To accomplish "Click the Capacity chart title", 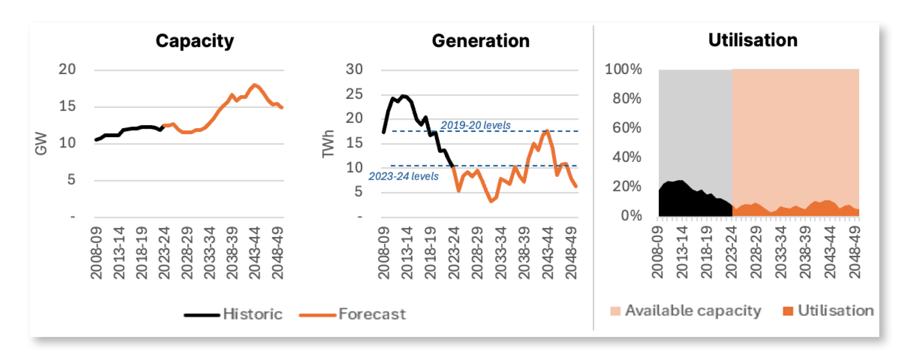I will pyautogui.click(x=195, y=41).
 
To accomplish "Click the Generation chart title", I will pyautogui.click(x=481, y=41).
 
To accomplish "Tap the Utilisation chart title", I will pyautogui.click(x=753, y=40).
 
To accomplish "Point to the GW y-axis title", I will pyautogui.click(x=41, y=143).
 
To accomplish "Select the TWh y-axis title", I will pyautogui.click(x=328, y=144).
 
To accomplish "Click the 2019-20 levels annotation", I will pyautogui.click(x=475, y=125).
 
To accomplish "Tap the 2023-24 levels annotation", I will pyautogui.click(x=403, y=176).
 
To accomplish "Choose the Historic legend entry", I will pyautogui.click(x=234, y=314).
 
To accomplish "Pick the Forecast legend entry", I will pyautogui.click(x=352, y=314).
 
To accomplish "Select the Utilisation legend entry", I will pyautogui.click(x=829, y=311).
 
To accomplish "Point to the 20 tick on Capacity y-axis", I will pyautogui.click(x=67, y=69).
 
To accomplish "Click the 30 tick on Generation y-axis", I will pyautogui.click(x=354, y=69).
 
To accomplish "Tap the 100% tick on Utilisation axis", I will pyautogui.click(x=623, y=69).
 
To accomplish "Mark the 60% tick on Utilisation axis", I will pyautogui.click(x=626, y=128).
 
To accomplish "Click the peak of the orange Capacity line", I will pyautogui.click(x=254, y=85).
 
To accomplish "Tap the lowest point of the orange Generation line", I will pyautogui.click(x=491, y=201).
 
